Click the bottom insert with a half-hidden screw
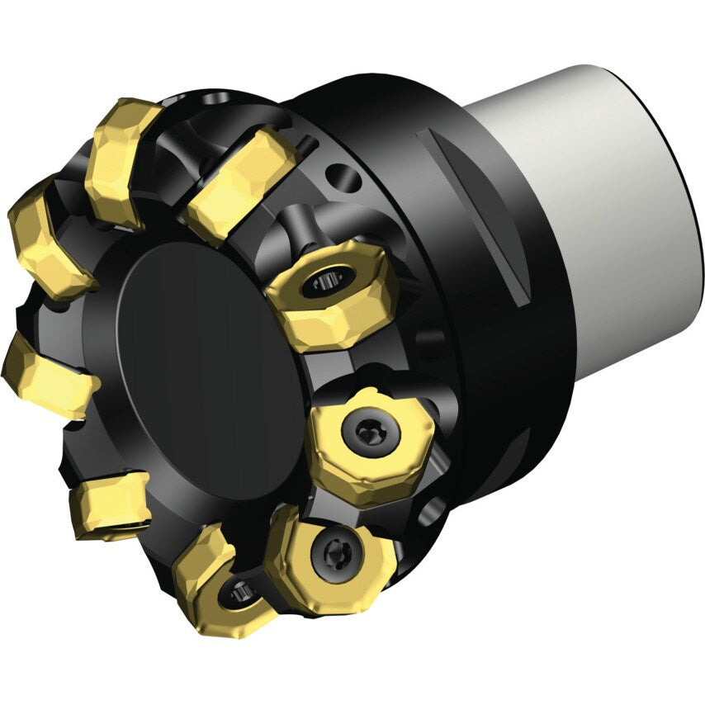tap(219, 578)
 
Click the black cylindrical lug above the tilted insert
tap(298, 226)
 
